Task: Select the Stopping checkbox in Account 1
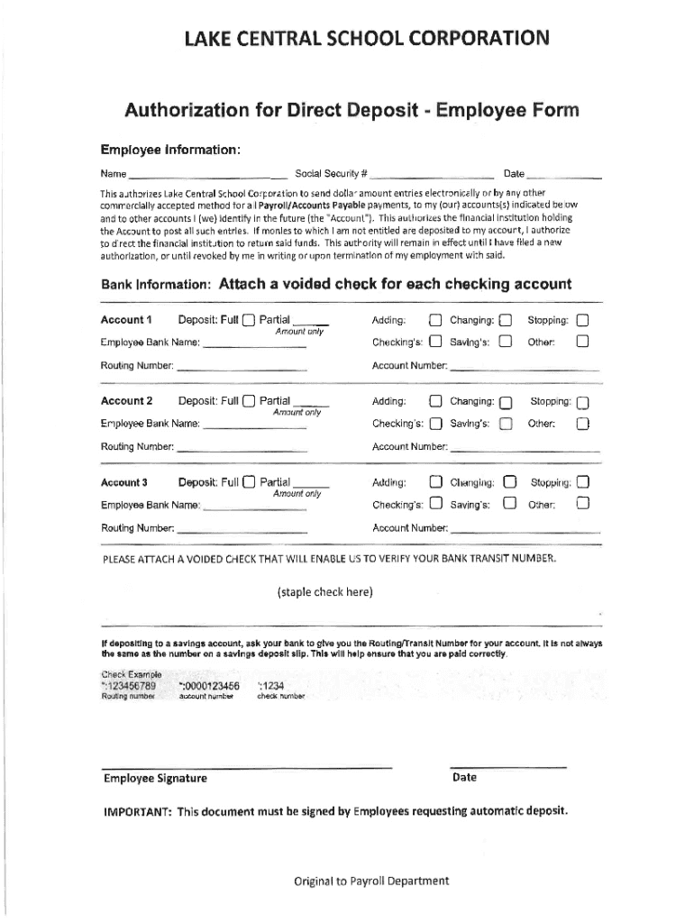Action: (x=582, y=320)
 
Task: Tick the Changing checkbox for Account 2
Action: (x=506, y=402)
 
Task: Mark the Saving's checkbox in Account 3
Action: (x=508, y=504)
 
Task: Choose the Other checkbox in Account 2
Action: (x=583, y=424)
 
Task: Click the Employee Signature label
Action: (x=155, y=779)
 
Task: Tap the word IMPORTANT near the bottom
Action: (x=137, y=810)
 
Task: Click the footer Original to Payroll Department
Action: (x=370, y=882)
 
